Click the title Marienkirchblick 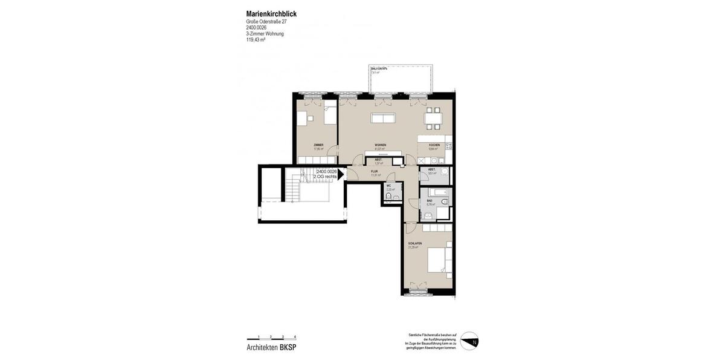[x=271, y=14]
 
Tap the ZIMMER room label [x=318, y=145]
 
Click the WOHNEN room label [x=380, y=145]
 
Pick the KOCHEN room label [x=434, y=145]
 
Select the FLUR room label [x=374, y=172]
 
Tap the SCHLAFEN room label [x=415, y=243]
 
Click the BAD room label [x=430, y=201]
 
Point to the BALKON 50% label [x=379, y=69]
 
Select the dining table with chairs [x=433, y=119]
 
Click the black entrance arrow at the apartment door [x=341, y=174]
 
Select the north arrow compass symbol [x=469, y=341]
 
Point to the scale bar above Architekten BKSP [x=271, y=338]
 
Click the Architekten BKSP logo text [x=271, y=347]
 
